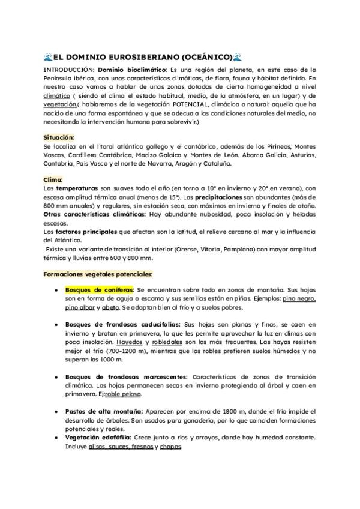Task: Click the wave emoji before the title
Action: (x=48, y=58)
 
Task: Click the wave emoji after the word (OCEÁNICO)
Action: (x=237, y=58)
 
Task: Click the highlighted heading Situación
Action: (x=60, y=137)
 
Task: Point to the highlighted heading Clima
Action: (x=53, y=179)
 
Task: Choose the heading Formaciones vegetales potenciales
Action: (x=98, y=274)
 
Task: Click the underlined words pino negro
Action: (x=299, y=298)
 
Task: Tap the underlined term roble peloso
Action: (x=127, y=394)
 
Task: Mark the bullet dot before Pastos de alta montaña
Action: (x=55, y=412)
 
